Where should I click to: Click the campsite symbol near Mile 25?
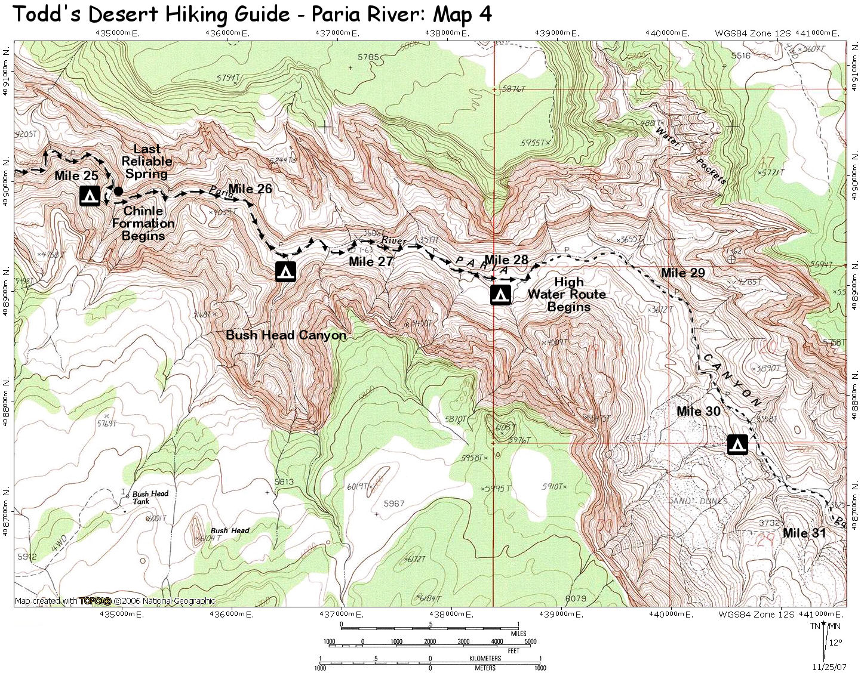[x=90, y=196]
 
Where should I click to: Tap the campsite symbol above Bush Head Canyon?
[x=285, y=271]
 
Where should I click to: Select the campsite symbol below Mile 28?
[x=500, y=295]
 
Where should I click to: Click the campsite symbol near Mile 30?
[x=737, y=444]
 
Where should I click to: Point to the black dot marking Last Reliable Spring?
[x=118, y=191]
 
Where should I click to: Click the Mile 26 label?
[x=250, y=189]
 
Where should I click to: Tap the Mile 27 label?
[x=371, y=261]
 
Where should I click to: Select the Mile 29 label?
[x=682, y=273]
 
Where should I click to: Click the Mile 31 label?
[x=804, y=533]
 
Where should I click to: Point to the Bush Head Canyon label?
[x=286, y=335]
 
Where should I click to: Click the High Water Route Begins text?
[x=567, y=294]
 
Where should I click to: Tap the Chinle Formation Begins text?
[x=143, y=223]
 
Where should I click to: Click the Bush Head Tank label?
[x=149, y=497]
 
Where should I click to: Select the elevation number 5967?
[x=393, y=504]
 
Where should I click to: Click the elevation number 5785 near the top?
[x=368, y=57]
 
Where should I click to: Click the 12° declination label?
[x=835, y=643]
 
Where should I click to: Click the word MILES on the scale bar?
[x=518, y=634]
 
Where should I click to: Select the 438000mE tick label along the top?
[x=449, y=33]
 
